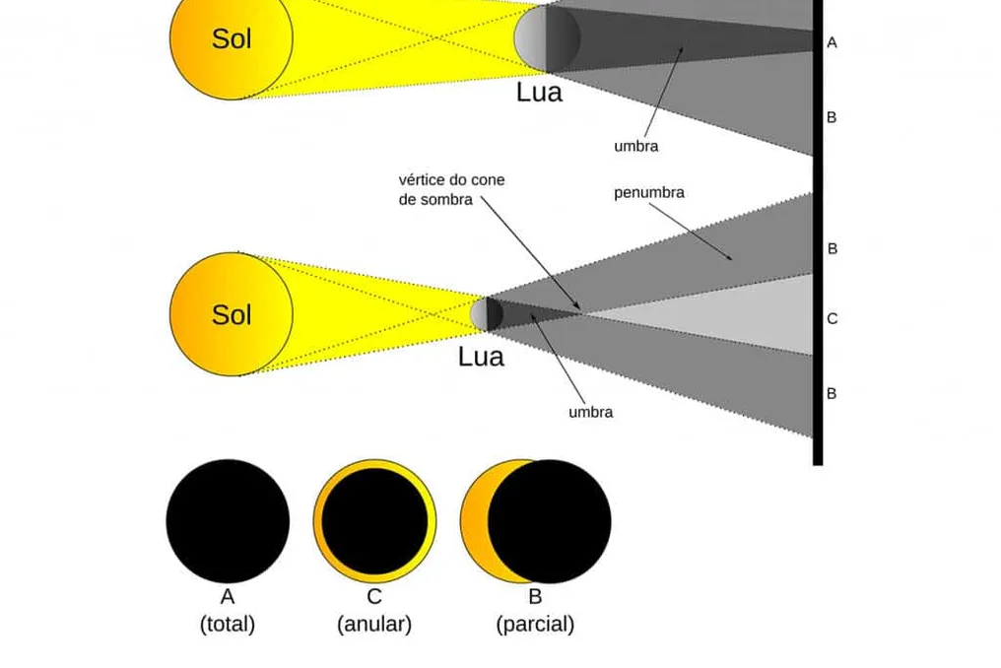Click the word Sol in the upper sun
(x=232, y=39)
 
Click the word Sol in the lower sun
(x=232, y=315)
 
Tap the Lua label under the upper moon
(x=539, y=92)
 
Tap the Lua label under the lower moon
(x=481, y=357)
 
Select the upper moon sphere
(x=547, y=38)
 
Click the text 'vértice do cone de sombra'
(x=451, y=190)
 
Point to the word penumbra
(x=648, y=192)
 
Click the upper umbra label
(x=635, y=146)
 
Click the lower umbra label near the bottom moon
(x=590, y=412)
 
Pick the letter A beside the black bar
(x=832, y=42)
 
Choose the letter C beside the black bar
(x=832, y=318)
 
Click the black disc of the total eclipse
(x=228, y=521)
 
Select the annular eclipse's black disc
(x=374, y=521)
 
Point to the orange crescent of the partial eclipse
(x=476, y=521)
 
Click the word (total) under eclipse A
(x=228, y=624)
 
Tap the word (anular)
(x=374, y=624)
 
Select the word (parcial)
(x=535, y=624)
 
